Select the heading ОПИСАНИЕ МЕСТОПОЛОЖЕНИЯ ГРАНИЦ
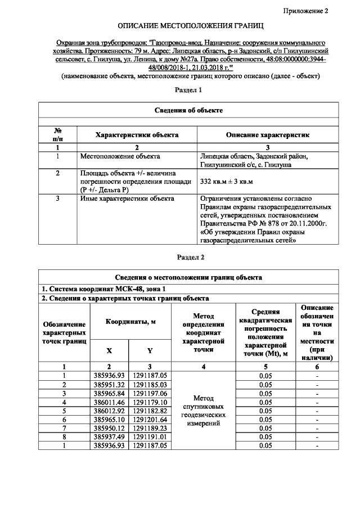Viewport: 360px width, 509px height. (x=190, y=26)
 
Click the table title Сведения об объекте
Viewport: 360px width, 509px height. (x=188, y=110)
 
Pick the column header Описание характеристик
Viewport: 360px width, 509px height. (x=267, y=135)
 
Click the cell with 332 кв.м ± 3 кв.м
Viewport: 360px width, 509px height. (x=227, y=181)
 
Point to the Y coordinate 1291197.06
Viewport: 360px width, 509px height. (x=150, y=393)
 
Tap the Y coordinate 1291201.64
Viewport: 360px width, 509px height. (x=150, y=420)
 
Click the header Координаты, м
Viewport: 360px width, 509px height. (x=129, y=321)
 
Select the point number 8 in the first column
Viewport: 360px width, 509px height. (x=65, y=438)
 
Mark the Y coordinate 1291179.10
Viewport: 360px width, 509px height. (x=150, y=402)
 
